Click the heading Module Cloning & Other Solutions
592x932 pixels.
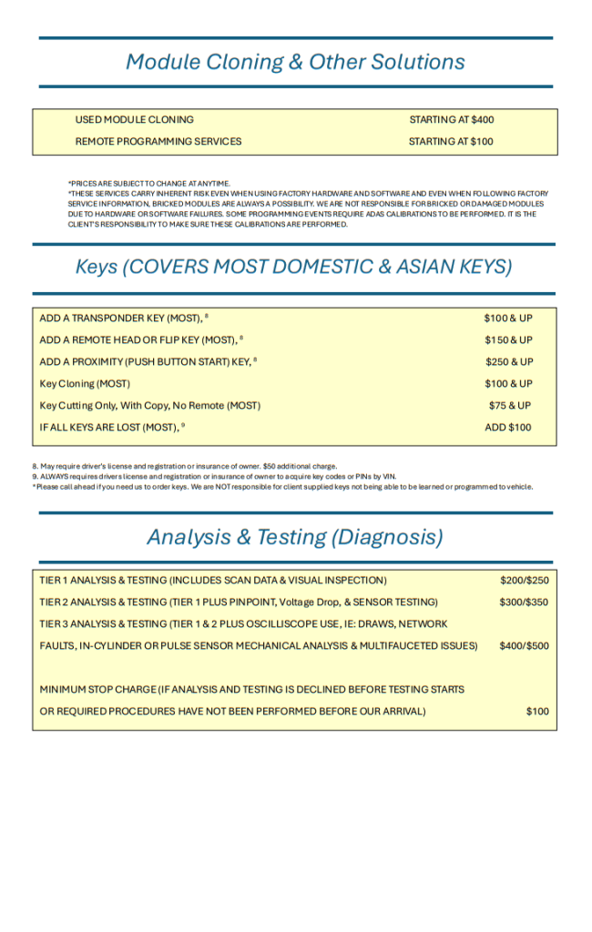(295, 62)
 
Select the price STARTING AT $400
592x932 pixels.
(451, 120)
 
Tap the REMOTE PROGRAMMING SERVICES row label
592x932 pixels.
(158, 142)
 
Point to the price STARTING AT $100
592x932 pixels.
(451, 142)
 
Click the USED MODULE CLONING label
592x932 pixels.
(134, 120)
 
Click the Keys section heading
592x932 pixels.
(293, 267)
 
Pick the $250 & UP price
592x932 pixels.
(509, 362)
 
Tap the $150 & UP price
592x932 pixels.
(509, 340)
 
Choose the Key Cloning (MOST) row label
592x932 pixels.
(85, 384)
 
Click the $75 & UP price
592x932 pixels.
(510, 406)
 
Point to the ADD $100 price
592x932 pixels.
(508, 428)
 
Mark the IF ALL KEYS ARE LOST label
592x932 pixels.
(108, 428)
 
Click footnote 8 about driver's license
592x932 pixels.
(185, 466)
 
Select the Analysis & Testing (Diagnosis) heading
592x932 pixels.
(295, 537)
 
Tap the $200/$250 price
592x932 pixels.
(525, 581)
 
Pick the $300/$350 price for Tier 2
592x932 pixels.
(525, 603)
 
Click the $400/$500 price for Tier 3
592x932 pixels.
(525, 646)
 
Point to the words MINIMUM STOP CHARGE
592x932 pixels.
(97, 690)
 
